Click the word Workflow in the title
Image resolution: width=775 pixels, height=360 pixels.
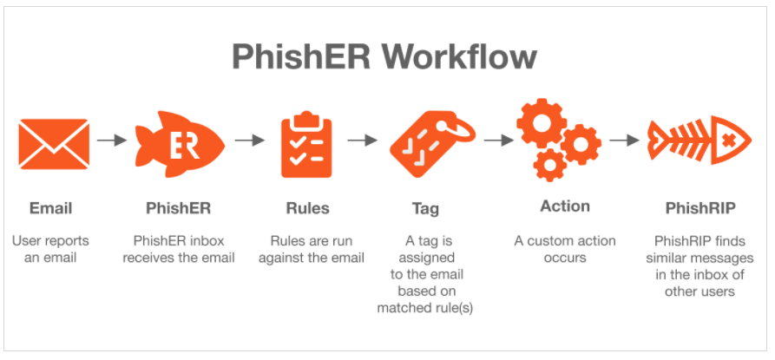(460, 57)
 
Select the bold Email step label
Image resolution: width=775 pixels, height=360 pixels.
(50, 208)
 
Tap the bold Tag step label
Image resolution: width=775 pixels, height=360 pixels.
(425, 208)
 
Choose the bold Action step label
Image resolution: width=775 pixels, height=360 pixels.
(564, 206)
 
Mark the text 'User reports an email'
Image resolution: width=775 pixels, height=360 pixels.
(50, 248)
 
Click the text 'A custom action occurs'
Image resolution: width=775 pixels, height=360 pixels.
(565, 248)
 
